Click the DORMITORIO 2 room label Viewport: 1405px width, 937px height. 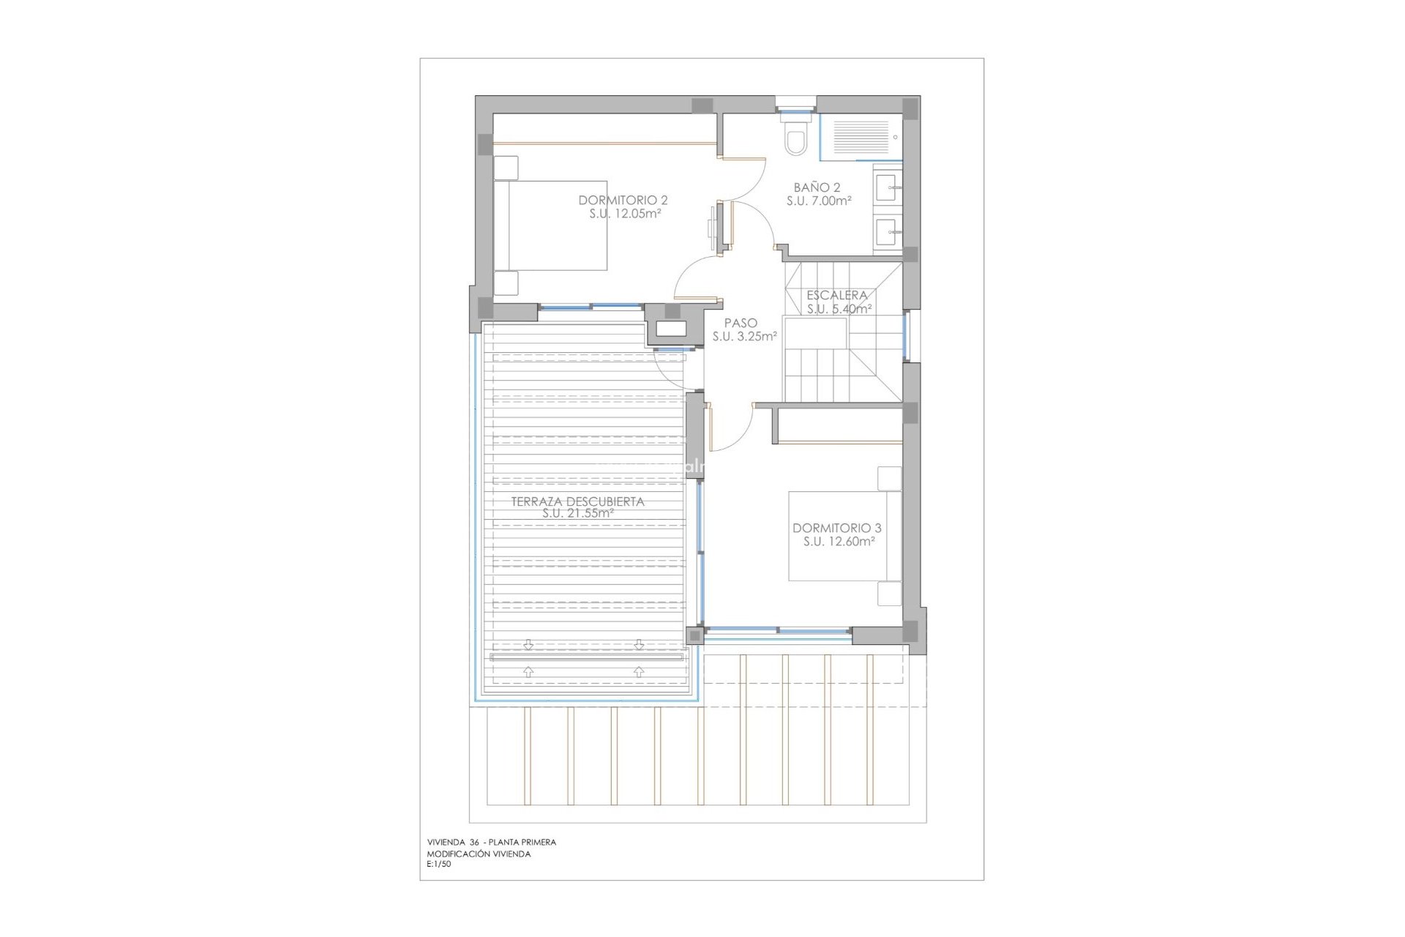[623, 200]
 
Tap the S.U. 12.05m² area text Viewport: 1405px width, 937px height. [625, 214]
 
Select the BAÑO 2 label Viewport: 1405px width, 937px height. [817, 187]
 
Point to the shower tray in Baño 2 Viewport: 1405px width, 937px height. [861, 137]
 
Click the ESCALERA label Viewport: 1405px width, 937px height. [836, 295]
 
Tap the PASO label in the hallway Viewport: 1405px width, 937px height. [741, 323]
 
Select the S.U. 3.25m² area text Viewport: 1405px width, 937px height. [744, 337]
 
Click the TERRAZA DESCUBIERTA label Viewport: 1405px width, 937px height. [577, 501]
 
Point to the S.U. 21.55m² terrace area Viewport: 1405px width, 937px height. [577, 514]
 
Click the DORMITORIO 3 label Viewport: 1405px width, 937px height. [836, 528]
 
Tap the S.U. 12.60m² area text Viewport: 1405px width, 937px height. [839, 542]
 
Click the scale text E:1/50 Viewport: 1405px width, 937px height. [439, 864]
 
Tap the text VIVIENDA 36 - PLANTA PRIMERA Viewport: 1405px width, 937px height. [491, 842]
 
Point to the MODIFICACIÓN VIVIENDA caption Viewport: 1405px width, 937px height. [479, 854]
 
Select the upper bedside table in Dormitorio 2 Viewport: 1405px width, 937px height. [506, 168]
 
